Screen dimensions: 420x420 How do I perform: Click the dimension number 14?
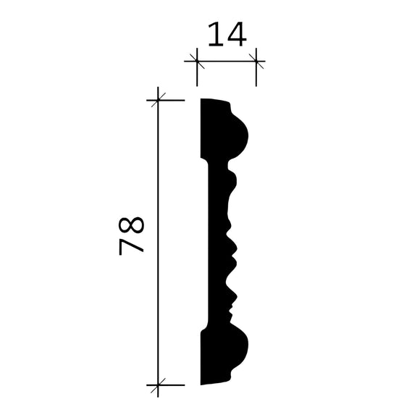[227, 34]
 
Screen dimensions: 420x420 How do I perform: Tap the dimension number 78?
[133, 234]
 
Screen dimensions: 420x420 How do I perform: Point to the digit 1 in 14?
[215, 34]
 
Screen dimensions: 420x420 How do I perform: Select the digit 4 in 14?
[237, 34]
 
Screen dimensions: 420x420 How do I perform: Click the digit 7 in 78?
[133, 245]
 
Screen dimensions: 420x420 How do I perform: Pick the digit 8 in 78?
[133, 223]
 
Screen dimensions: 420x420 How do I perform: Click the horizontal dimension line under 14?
[227, 62]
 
